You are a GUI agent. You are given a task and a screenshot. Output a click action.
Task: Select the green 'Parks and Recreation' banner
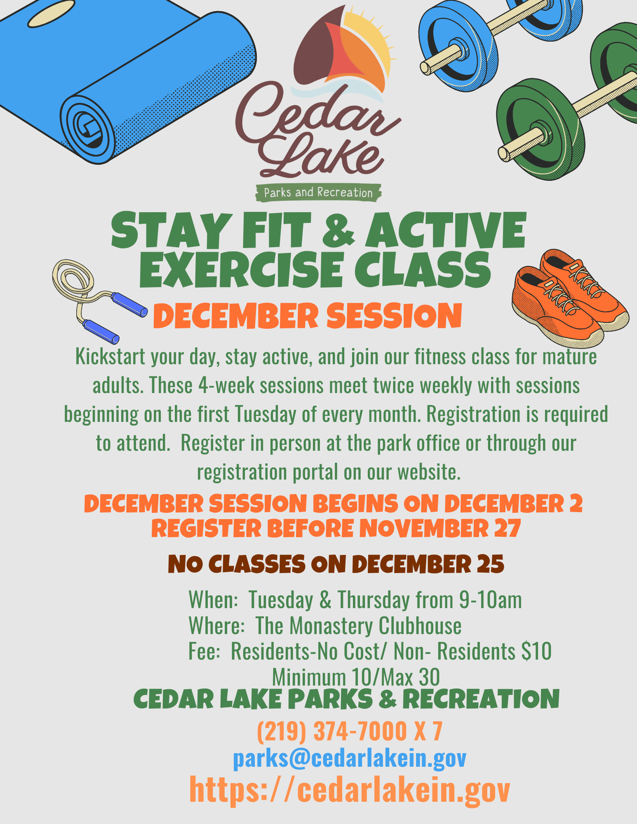click(318, 192)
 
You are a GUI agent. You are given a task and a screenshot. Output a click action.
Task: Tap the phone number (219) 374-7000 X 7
click(350, 731)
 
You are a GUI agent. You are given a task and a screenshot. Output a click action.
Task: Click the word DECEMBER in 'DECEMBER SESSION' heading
click(236, 316)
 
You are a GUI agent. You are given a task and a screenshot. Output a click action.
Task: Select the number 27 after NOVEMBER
click(508, 529)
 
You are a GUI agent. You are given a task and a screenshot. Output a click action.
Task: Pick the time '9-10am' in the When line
click(491, 600)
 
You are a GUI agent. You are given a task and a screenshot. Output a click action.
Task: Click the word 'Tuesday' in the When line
click(281, 600)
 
